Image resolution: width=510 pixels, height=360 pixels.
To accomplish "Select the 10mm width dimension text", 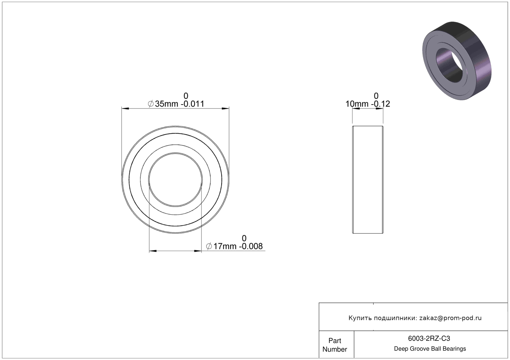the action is tap(357, 104).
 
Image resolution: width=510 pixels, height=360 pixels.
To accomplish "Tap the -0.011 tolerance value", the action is tap(192, 104).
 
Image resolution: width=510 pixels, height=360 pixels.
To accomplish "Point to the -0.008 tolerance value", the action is tap(251, 246).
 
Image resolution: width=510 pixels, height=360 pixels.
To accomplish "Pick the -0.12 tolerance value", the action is tap(380, 104).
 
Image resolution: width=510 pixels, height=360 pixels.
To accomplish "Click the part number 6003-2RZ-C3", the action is tap(429, 339).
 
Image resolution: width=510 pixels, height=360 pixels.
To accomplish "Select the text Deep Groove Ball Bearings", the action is tap(430, 349).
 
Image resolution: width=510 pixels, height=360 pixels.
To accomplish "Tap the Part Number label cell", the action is tap(335, 345).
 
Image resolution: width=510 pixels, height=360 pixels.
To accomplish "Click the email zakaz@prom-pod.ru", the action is tap(450, 318).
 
